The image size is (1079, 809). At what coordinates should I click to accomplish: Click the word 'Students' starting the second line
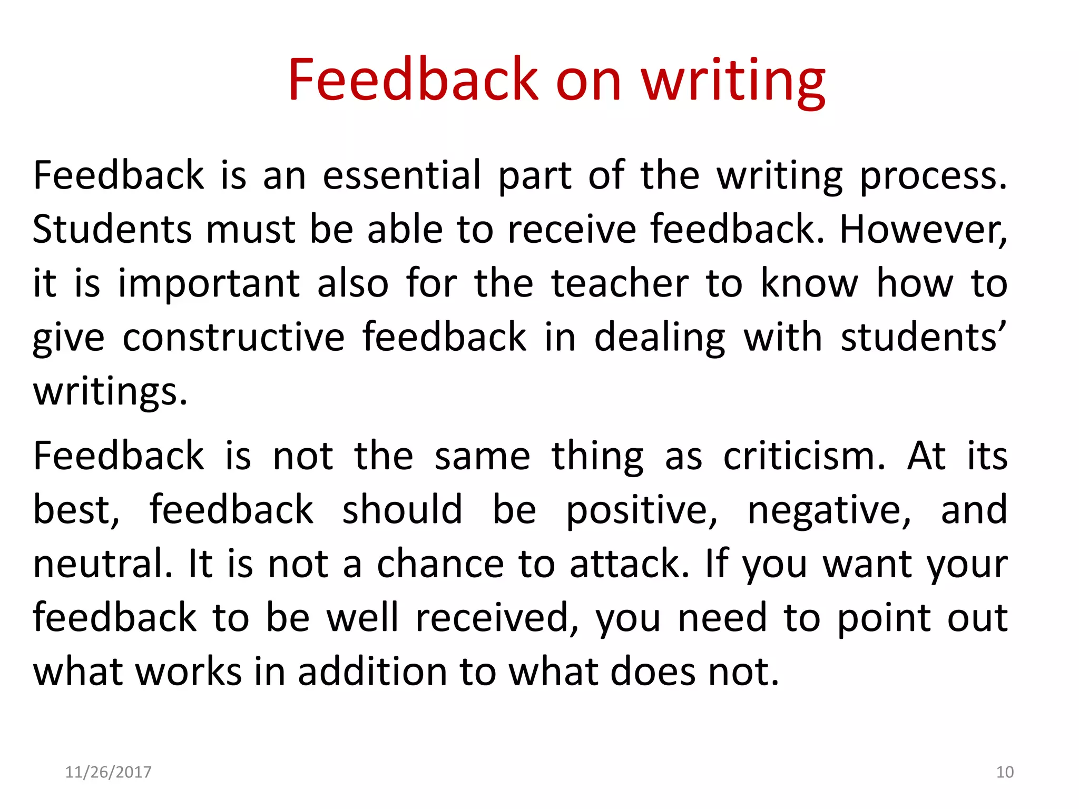pos(112,230)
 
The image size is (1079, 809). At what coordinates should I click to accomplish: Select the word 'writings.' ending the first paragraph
pos(110,391)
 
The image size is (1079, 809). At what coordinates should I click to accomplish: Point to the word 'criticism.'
pos(804,456)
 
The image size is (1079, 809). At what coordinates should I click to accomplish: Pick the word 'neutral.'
pos(103,564)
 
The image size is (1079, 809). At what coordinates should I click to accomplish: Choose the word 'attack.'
pos(630,564)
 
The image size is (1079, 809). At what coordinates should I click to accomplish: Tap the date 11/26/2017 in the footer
pos(108,772)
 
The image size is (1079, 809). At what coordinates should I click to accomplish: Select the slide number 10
pos(1005,772)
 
